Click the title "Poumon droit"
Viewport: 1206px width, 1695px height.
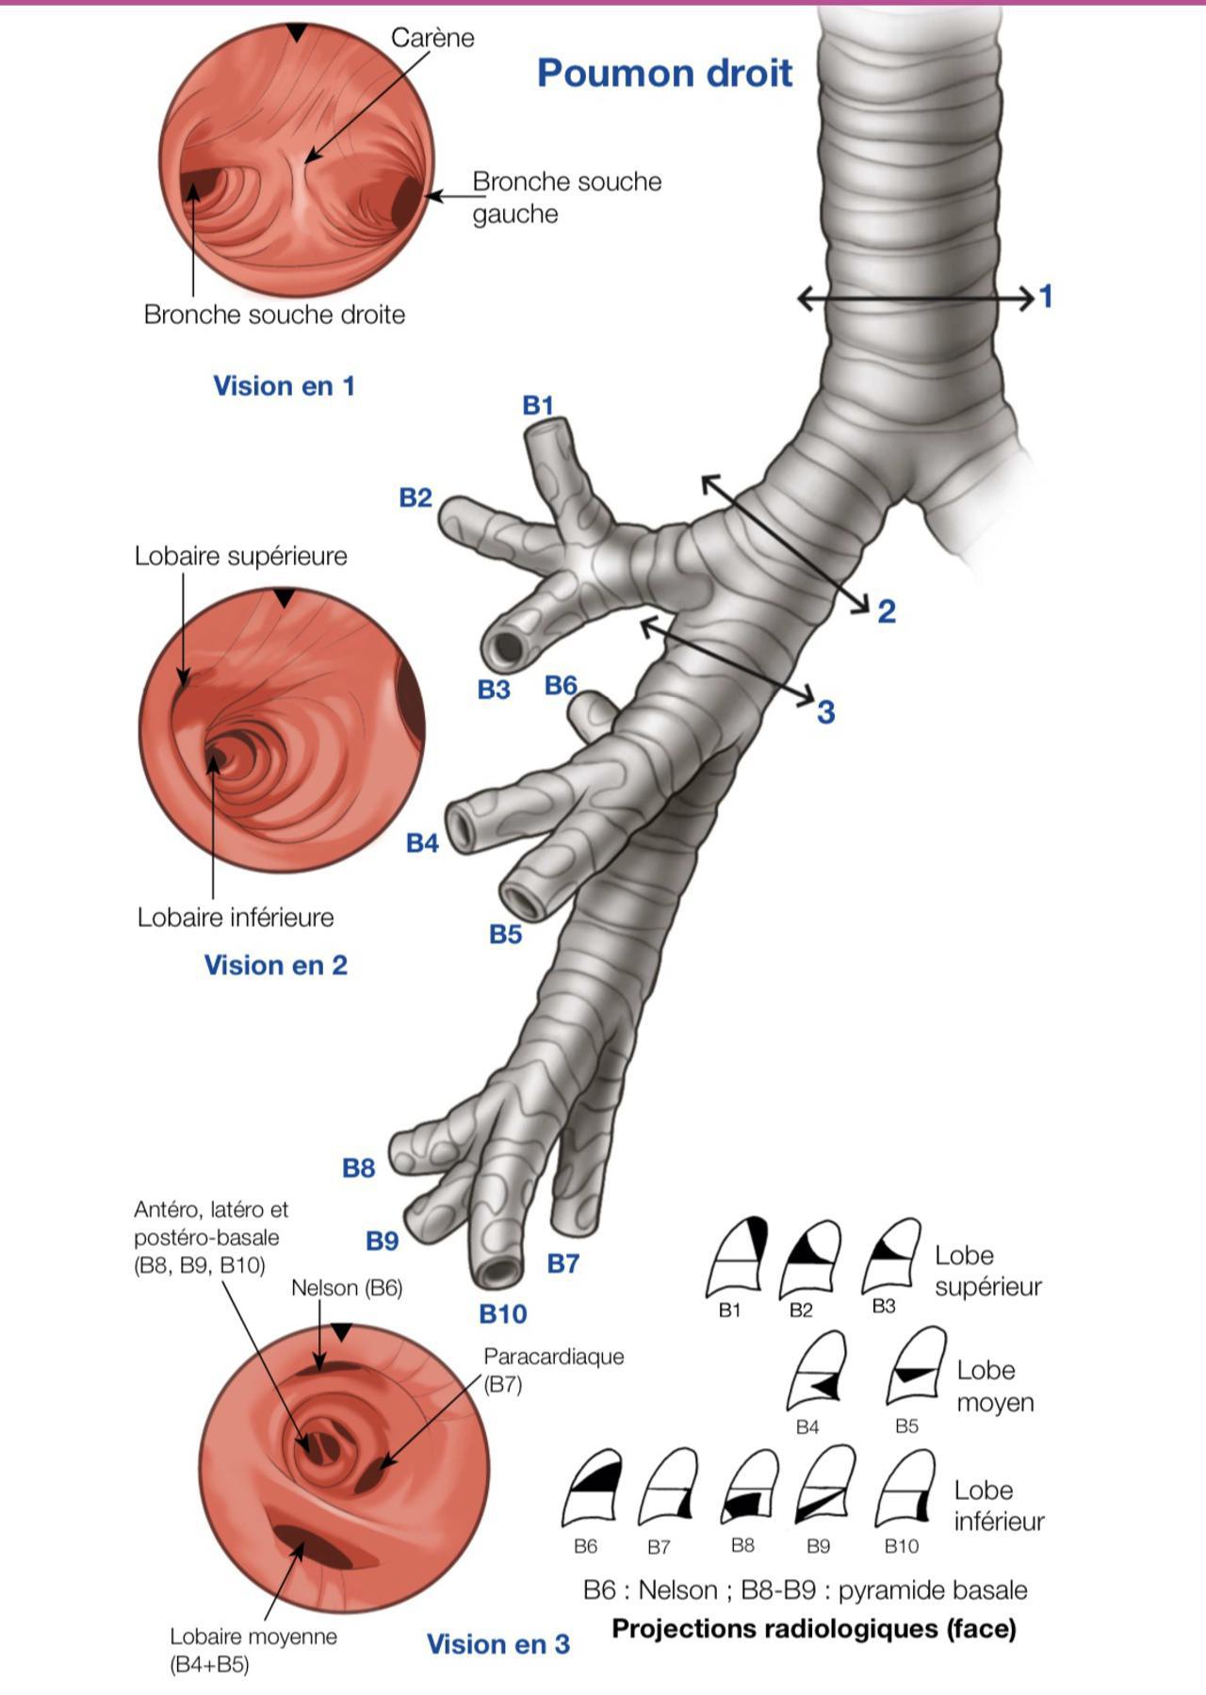[664, 73]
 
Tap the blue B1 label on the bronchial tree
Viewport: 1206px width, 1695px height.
[537, 405]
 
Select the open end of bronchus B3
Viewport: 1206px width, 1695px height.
[507, 648]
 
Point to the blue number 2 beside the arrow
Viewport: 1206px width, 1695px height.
[886, 611]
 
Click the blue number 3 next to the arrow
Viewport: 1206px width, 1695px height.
[825, 712]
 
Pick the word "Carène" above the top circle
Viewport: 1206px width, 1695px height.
[432, 38]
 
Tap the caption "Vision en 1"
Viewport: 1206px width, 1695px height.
[284, 386]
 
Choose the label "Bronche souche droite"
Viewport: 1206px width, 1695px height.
[274, 315]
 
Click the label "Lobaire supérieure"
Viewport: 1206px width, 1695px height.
[240, 556]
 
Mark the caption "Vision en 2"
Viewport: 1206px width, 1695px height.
[275, 965]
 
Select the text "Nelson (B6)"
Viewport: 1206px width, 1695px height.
[347, 1288]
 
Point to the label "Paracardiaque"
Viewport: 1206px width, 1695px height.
[554, 1357]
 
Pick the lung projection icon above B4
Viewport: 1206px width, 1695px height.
[815, 1371]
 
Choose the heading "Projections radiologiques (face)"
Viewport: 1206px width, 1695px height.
[814, 1628]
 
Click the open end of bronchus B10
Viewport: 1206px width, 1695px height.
[498, 1269]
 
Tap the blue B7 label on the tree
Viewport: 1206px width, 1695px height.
[562, 1263]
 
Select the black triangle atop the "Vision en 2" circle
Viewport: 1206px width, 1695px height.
[285, 598]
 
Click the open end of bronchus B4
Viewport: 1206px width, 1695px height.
[462, 827]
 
